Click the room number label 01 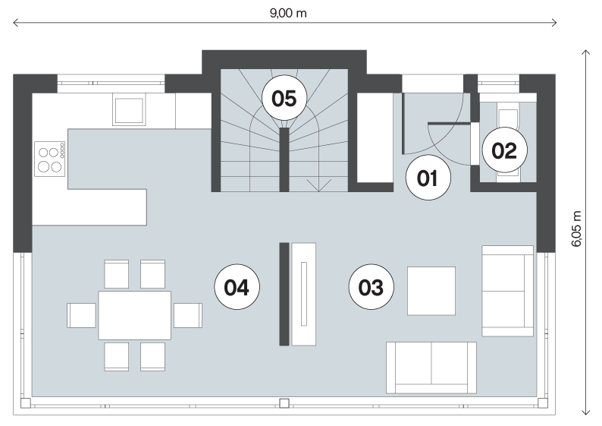(428, 178)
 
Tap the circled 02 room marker (504, 150)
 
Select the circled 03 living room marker (372, 287)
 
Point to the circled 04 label (237, 287)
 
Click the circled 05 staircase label (284, 98)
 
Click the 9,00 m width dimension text (288, 14)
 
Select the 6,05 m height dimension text (577, 229)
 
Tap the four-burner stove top (50, 159)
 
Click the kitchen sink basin (129, 111)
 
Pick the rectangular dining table (135, 315)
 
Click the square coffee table (431, 291)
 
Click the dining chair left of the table (81, 315)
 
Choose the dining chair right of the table (188, 315)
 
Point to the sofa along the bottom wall (431, 368)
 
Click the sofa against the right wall (507, 291)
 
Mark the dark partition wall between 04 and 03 (284, 294)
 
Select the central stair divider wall (284, 159)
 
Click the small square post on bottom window (284, 403)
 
